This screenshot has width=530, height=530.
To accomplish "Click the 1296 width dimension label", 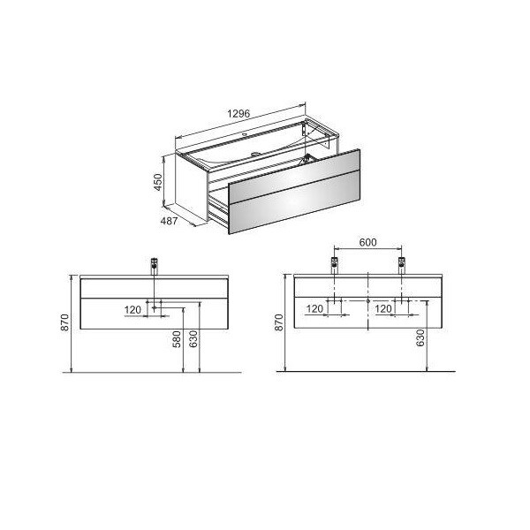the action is (x=238, y=114).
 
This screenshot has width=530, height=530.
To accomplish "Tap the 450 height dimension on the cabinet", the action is (x=158, y=182).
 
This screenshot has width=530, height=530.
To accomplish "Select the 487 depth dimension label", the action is (x=169, y=221).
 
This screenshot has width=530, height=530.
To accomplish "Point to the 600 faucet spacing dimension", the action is (x=367, y=242).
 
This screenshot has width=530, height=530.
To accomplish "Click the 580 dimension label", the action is (x=177, y=339).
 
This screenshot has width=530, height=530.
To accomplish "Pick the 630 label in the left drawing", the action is (x=193, y=339).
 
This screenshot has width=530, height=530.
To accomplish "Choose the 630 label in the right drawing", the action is (x=420, y=338).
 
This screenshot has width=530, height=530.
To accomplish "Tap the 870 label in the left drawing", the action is (x=64, y=322).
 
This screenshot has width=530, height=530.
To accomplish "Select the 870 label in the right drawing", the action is (x=278, y=322).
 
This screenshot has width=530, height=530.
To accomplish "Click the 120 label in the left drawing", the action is (x=132, y=310).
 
